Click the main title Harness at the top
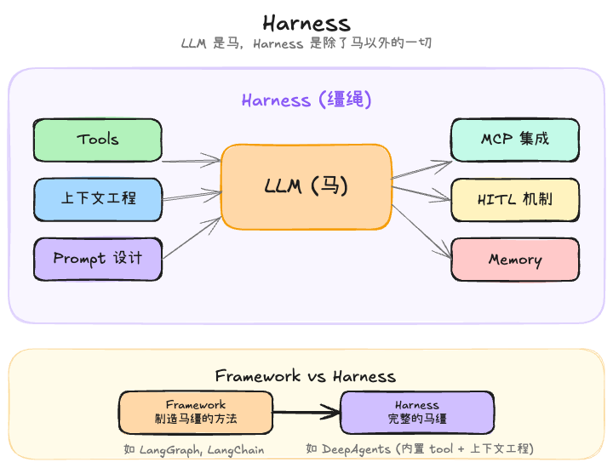pos(306,22)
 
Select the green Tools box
pos(97,140)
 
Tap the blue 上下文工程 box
pos(97,198)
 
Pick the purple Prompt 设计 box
pos(97,259)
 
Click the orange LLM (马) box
pos(306,186)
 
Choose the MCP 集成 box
pos(514,140)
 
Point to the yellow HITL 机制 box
pos(514,199)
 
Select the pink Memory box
pos(514,260)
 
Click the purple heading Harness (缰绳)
pos(306,100)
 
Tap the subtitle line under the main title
pos(306,43)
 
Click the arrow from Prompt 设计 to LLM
pos(192,237)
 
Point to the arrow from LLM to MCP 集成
pos(422,169)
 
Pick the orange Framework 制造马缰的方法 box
pos(196,412)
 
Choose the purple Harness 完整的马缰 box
pos(416,412)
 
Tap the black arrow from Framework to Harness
pos(306,414)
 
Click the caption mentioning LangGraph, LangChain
pos(194,449)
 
